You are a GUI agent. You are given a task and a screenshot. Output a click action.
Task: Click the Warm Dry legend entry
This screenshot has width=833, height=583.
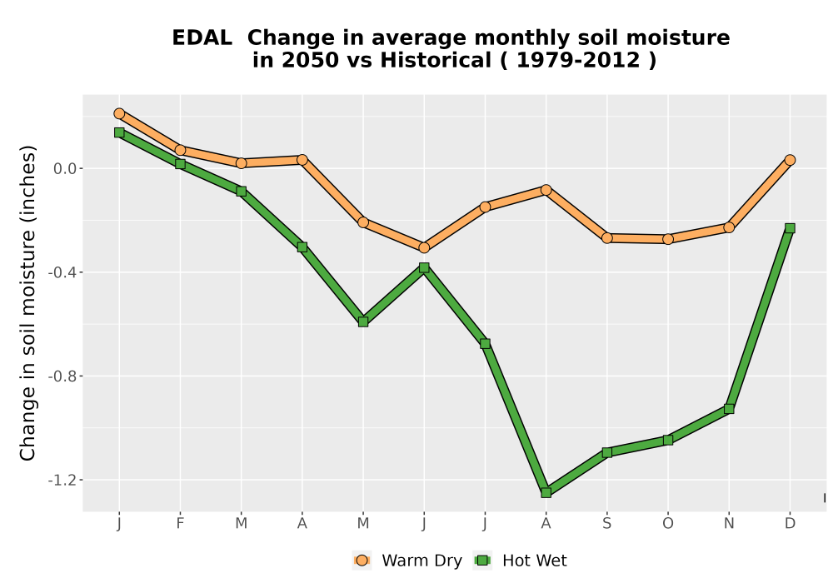407,561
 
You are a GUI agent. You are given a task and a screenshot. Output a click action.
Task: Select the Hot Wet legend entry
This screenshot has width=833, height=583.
521,561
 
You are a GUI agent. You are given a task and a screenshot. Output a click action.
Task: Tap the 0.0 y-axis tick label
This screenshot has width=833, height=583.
65,169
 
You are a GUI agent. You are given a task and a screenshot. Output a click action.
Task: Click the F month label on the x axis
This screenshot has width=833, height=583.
180,524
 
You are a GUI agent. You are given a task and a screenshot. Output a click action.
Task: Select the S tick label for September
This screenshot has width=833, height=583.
606,524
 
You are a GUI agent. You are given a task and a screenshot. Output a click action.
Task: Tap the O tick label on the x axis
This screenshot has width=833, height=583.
668,524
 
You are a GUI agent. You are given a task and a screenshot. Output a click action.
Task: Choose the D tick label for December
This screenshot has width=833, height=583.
790,524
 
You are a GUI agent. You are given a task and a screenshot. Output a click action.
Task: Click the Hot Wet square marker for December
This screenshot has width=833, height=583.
790,228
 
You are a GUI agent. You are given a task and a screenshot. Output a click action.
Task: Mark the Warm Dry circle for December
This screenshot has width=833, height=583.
790,160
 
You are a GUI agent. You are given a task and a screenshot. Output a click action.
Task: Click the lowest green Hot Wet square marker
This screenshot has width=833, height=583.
546,493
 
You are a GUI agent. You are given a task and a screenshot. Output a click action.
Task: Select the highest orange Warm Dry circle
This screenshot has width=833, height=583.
119,113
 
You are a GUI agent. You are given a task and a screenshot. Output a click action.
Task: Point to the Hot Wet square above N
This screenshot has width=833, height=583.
729,409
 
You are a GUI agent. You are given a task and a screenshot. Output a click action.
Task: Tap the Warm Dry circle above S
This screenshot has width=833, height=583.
606,238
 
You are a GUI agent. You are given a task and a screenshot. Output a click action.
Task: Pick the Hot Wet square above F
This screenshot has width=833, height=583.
180,164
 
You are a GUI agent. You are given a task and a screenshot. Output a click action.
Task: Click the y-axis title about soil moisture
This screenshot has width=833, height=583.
27,303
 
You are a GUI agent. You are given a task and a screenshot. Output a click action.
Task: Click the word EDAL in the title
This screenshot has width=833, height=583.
202,38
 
